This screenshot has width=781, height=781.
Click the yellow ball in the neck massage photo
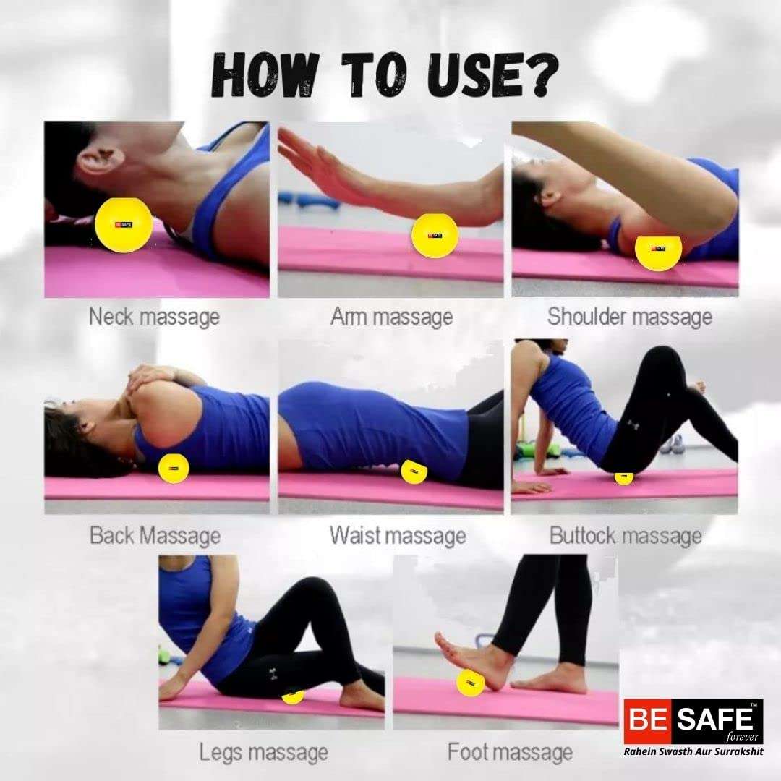coord(123,225)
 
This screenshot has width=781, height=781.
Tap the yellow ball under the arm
coord(435,236)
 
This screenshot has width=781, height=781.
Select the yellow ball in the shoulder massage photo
coord(658,252)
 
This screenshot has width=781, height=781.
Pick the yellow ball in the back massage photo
coord(174,469)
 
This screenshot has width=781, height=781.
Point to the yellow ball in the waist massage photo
coord(414,471)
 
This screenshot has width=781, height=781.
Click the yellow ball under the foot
coord(470,683)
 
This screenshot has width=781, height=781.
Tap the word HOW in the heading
coord(265,75)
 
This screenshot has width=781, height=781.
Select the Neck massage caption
coord(155,317)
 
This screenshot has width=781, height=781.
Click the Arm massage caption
coord(391,317)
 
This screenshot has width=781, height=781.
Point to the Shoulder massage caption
coord(630,317)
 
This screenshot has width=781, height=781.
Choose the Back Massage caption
coord(155,536)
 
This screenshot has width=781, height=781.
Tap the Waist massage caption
coord(398,536)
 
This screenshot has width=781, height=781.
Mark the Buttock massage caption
coord(626,536)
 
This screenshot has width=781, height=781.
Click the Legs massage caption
coord(263,752)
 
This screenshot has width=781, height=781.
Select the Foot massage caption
coord(510,752)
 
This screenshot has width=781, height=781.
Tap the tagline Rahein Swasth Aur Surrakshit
coord(693,751)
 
